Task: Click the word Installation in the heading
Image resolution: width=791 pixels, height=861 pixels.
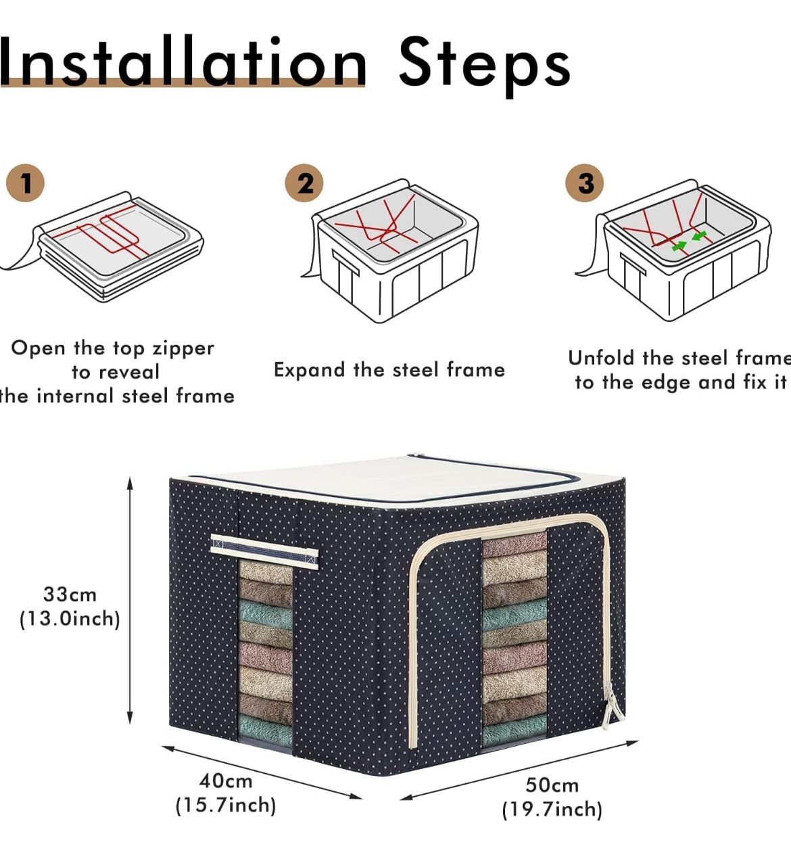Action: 183,62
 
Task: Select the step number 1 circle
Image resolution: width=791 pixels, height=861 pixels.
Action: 25,183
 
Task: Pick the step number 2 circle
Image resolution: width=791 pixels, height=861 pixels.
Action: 304,183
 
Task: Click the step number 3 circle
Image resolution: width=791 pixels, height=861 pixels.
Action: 585,183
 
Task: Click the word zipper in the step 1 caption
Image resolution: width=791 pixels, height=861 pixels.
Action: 183,348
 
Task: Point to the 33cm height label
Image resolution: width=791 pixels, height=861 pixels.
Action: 70,595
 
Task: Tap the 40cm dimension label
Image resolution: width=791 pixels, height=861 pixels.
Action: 226,781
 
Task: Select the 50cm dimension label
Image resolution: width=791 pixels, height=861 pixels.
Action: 552,785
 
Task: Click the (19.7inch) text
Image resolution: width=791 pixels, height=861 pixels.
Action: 552,809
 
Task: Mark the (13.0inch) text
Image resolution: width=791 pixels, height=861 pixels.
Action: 70,618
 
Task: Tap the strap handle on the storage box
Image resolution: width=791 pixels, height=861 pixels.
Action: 264,551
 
